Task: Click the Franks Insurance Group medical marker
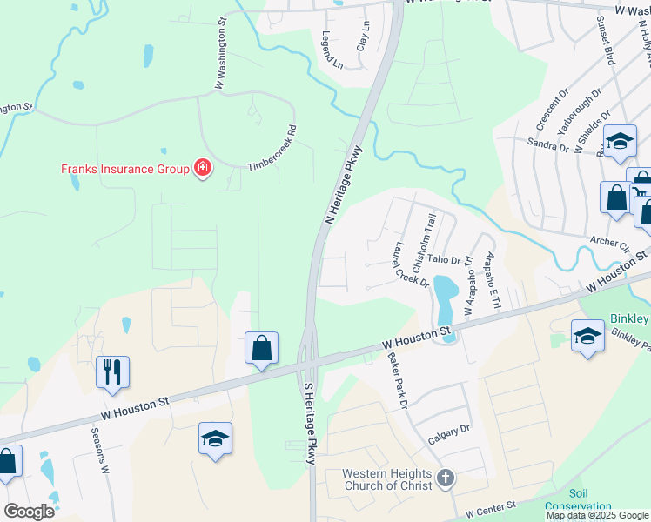pos(203,167)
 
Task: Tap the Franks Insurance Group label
pos(125,168)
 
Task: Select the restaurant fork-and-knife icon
pos(113,371)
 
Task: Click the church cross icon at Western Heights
pos(446,478)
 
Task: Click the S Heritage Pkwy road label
pos(308,421)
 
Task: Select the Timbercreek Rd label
pos(272,151)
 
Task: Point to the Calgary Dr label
pos(449,435)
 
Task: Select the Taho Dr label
pos(444,259)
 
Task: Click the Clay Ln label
pos(364,35)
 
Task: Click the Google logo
pos(29,512)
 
